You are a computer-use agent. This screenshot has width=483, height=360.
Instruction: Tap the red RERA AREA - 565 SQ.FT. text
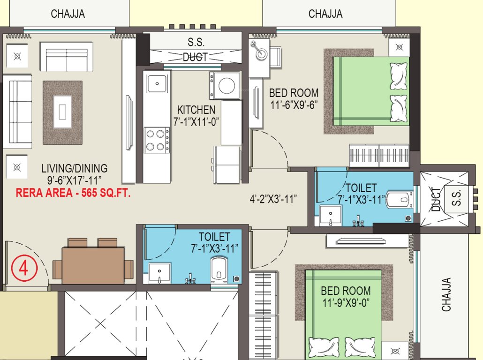click(x=73, y=192)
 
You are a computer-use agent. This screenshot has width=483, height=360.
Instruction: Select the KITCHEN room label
click(x=196, y=110)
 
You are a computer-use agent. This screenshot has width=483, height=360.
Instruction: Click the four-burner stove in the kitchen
click(x=157, y=140)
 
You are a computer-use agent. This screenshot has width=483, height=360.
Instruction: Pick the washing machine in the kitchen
click(x=225, y=85)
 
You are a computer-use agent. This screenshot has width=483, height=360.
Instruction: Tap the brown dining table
click(x=93, y=265)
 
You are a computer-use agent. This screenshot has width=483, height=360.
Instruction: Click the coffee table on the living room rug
click(x=62, y=112)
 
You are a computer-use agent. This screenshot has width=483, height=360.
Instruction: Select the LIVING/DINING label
click(x=74, y=168)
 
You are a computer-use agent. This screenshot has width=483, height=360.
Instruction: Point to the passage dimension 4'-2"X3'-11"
click(x=274, y=199)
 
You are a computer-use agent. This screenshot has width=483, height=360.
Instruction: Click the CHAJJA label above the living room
click(x=68, y=14)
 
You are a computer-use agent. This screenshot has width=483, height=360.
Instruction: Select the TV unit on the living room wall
click(x=128, y=110)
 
